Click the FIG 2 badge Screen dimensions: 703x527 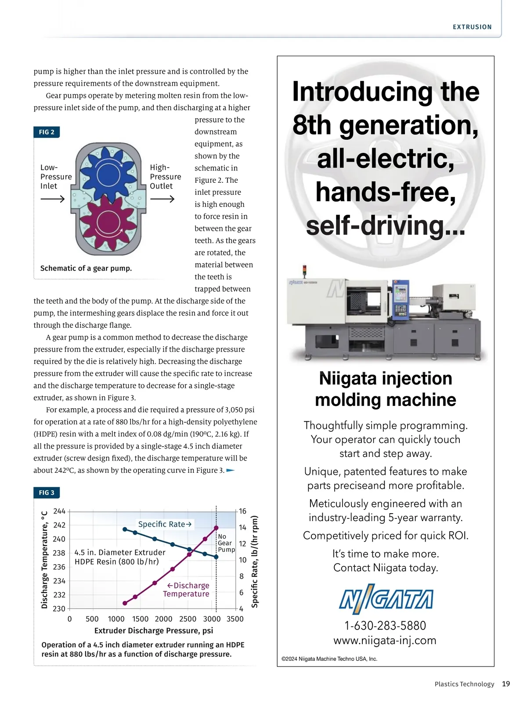click(x=47, y=132)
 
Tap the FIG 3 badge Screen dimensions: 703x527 click(x=47, y=493)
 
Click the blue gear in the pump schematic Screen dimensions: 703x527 click(x=108, y=174)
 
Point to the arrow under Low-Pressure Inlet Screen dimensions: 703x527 click(x=52, y=199)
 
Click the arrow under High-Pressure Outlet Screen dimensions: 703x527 click(x=162, y=199)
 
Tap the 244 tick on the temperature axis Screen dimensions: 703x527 click(x=59, y=511)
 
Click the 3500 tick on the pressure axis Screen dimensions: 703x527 click(x=235, y=619)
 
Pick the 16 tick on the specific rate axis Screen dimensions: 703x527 click(x=242, y=511)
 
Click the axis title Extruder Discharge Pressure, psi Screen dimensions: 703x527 click(x=154, y=631)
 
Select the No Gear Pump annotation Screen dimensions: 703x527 click(x=226, y=543)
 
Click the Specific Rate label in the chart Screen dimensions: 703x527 click(x=165, y=524)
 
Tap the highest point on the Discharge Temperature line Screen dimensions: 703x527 click(x=216, y=528)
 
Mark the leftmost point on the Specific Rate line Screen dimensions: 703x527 click(x=125, y=529)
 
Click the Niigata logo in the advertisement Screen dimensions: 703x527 click(x=386, y=599)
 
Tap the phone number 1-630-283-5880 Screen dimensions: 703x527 click(x=385, y=625)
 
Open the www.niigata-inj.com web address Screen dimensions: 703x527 click(x=385, y=640)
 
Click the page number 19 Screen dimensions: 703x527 click(x=506, y=684)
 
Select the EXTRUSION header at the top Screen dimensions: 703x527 click(x=472, y=27)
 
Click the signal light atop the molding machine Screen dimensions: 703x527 click(x=304, y=270)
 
